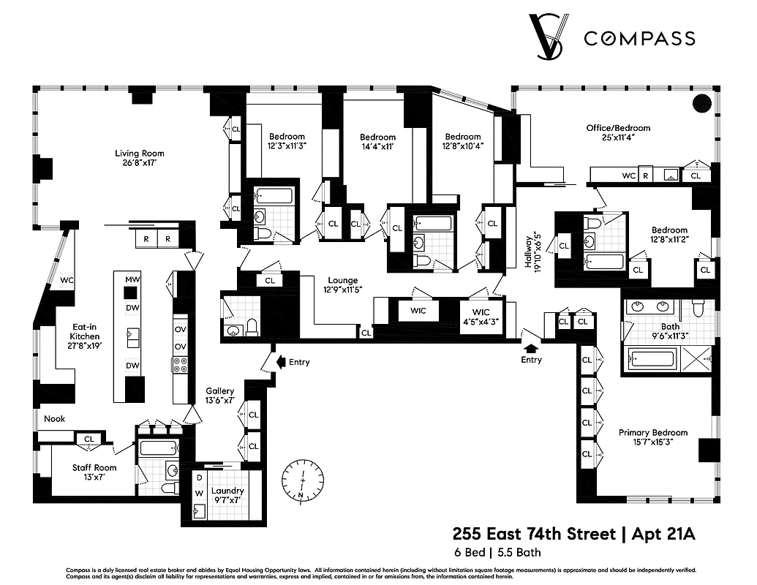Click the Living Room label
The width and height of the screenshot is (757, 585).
(139, 158)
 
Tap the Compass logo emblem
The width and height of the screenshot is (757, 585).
(549, 37)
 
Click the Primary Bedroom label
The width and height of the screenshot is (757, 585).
(653, 437)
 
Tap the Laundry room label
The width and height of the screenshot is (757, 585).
(227, 495)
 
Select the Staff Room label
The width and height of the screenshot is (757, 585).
(94, 472)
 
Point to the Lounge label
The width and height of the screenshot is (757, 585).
(342, 284)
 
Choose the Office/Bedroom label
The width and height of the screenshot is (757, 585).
(618, 132)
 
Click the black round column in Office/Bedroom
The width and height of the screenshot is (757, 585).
(701, 103)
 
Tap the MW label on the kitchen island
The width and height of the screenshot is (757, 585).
(132, 279)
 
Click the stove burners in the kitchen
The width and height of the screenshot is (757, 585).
(179, 365)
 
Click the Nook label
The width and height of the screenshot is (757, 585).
(54, 419)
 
